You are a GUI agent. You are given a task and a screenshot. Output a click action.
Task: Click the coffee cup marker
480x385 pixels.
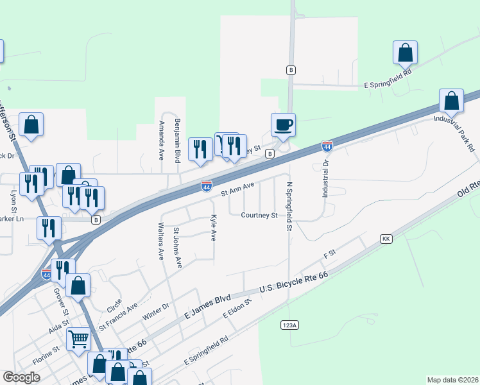coord(283,124)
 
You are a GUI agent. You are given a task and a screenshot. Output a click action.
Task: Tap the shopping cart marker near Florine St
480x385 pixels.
coord(79,338)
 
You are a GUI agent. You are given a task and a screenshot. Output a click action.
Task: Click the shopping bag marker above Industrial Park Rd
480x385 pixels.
coord(452,101)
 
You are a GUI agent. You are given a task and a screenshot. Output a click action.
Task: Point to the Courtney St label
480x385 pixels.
coord(259,216)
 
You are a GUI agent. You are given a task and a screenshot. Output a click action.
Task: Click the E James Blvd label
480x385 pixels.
coord(207,308)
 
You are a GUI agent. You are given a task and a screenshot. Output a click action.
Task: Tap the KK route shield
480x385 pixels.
coord(386,239)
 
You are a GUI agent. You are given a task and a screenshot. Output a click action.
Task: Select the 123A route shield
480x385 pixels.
coord(289,325)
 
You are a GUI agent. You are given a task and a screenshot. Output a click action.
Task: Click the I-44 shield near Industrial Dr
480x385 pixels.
coord(327,147)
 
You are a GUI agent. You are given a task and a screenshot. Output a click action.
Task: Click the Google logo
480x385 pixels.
coord(21,377)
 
